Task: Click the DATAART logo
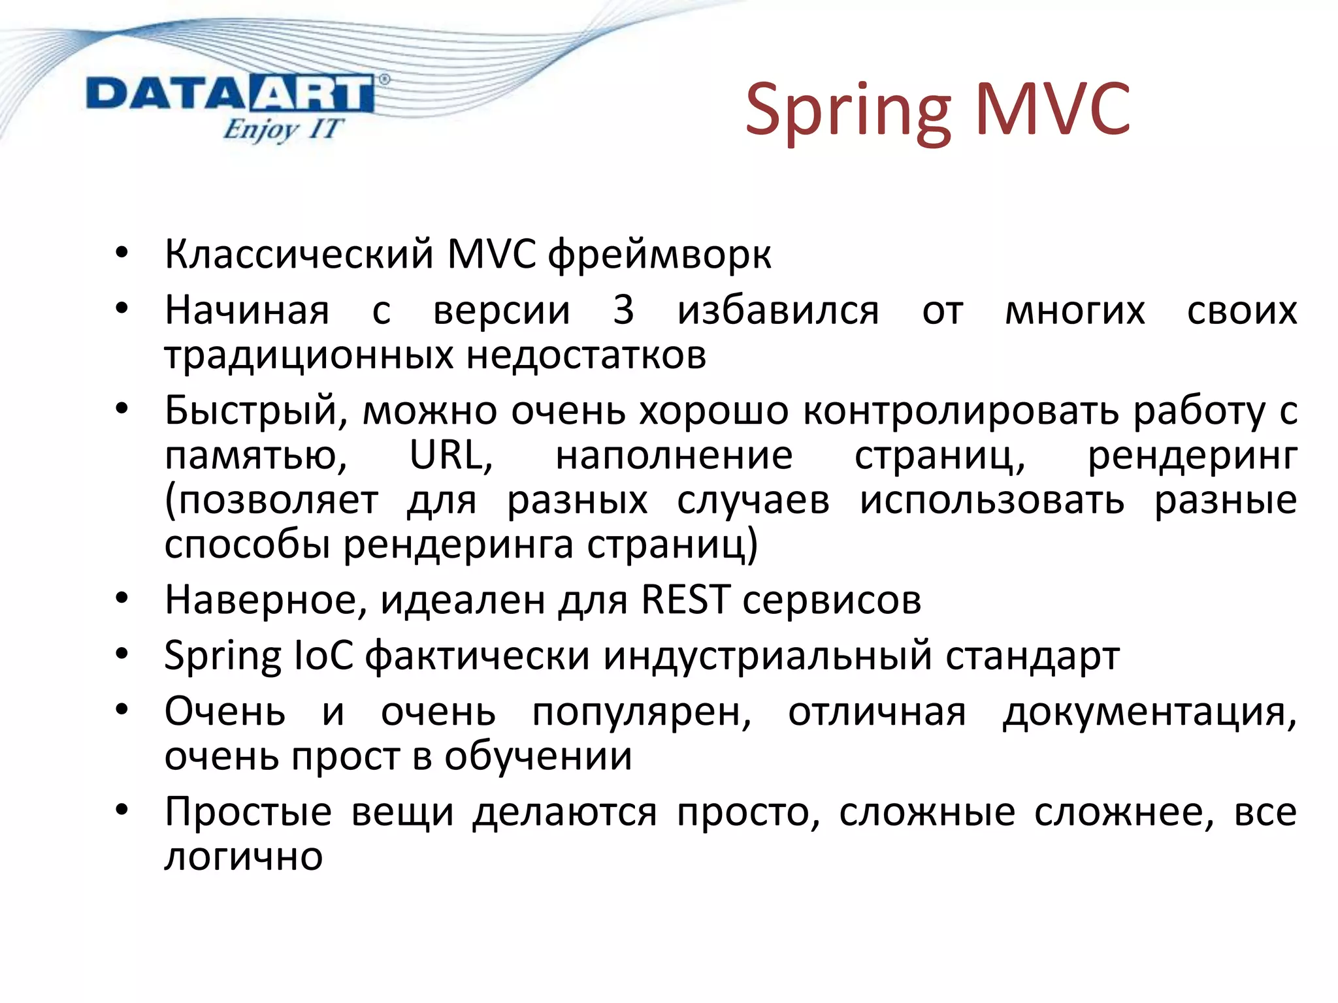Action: coord(230,95)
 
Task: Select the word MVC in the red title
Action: coord(1052,108)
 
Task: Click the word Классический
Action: coord(299,254)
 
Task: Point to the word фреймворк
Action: coord(659,255)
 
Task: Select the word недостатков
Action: coord(587,356)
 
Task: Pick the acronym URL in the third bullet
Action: coord(450,455)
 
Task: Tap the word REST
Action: coord(685,599)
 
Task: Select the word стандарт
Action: coord(1033,656)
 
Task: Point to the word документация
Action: coord(1149,712)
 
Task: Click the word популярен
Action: coord(642,712)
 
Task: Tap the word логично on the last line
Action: coord(244,857)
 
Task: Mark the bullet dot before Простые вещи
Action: coord(122,810)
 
